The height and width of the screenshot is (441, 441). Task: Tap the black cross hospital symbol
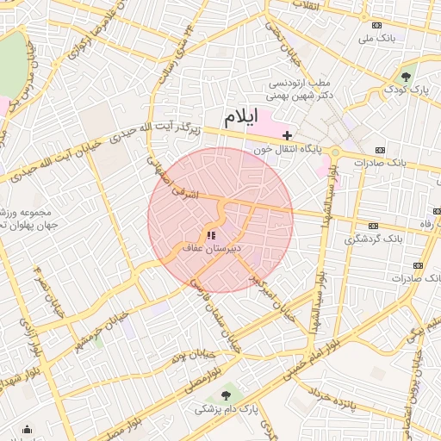pyautogui.click(x=287, y=135)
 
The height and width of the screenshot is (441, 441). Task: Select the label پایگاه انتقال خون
pyautogui.click(x=286, y=149)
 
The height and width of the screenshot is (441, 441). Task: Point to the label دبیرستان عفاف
pyautogui.click(x=213, y=248)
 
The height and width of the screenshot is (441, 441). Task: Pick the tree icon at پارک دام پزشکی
pyautogui.click(x=226, y=395)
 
